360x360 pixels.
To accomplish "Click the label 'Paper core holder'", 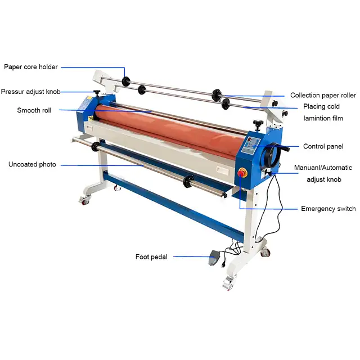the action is [31, 67].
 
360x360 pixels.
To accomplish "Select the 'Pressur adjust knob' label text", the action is [30, 92].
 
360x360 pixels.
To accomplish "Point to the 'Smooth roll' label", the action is [34, 110].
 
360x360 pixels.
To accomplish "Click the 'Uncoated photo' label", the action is [32, 164].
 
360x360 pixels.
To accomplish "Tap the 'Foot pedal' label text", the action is [151, 256].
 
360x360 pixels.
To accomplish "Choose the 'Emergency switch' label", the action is [328, 209].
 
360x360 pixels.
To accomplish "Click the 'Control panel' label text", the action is [323, 146].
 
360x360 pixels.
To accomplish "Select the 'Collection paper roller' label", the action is [323, 95].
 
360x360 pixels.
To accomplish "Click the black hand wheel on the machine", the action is [272, 155].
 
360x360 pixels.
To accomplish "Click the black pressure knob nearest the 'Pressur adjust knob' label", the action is [97, 93].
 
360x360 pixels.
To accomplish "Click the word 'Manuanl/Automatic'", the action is [323, 168].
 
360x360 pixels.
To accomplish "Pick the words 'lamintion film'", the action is [323, 118].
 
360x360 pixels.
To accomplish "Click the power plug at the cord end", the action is [223, 265].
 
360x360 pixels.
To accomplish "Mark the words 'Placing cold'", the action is [321, 106].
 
